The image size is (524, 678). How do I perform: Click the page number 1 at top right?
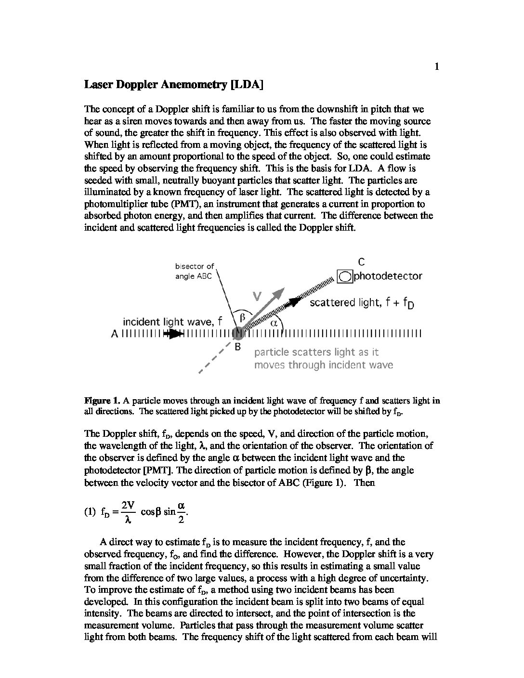tap(436, 67)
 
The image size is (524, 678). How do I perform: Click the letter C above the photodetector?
tap(361, 262)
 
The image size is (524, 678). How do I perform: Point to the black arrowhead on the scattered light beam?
tap(295, 301)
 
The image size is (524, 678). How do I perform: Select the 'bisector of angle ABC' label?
tap(195, 271)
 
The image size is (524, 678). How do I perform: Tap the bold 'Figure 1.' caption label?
tap(102, 400)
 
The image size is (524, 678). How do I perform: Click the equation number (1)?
tap(90, 513)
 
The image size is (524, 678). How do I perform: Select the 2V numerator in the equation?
tap(128, 505)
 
